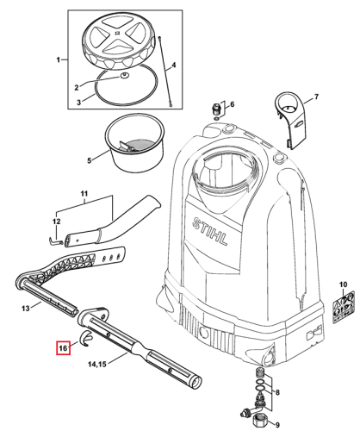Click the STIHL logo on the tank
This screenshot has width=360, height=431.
pos(210,230)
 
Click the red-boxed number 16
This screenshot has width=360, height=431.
pos(63,348)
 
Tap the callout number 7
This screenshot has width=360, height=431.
pos(316,97)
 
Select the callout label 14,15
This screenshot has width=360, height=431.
pos(97,364)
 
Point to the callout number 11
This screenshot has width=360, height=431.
pos(84,194)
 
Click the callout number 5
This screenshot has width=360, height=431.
pos(90,160)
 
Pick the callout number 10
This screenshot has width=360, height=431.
pos(343,284)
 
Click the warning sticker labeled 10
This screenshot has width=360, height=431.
pos(344,308)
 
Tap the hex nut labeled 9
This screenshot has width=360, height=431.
pos(259,422)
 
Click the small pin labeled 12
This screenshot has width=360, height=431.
pos(56,240)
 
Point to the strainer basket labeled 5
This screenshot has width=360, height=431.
pos(135,144)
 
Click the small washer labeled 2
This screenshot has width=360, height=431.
pos(125,76)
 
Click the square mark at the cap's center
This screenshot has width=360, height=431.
pos(117,33)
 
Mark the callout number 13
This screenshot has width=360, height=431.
pos(26,309)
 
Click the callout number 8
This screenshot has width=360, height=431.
pos(277,392)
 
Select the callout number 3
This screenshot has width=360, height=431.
pos(79,103)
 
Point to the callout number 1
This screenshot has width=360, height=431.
pos(58,59)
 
